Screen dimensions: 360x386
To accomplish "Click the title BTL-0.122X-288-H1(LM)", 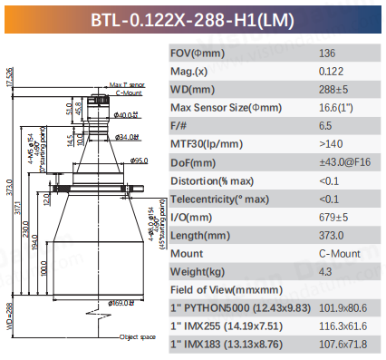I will pyautogui.click(x=192, y=18).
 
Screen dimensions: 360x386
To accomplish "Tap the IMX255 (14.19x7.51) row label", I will pyautogui.click(x=229, y=326).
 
